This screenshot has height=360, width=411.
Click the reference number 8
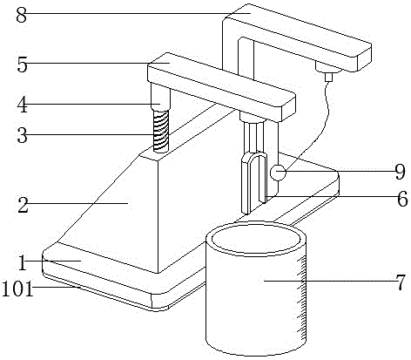click(x=22, y=15)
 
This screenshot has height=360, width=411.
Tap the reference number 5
click(x=22, y=65)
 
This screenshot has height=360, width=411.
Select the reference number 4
click(x=22, y=105)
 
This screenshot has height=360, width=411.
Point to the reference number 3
click(x=22, y=135)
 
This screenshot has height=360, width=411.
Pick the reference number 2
click(x=23, y=205)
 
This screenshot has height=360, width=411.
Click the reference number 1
click(x=22, y=263)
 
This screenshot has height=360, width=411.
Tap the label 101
click(x=17, y=289)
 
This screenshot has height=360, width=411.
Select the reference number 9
click(x=400, y=172)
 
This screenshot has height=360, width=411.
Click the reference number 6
click(x=402, y=200)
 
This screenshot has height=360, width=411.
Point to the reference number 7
click(x=401, y=282)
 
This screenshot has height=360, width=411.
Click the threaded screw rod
click(x=161, y=131)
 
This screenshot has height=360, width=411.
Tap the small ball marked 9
click(x=278, y=173)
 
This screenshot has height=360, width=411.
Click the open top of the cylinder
click(x=256, y=239)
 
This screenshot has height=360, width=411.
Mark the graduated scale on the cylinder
click(x=302, y=298)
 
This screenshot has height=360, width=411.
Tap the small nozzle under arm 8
click(x=328, y=77)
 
